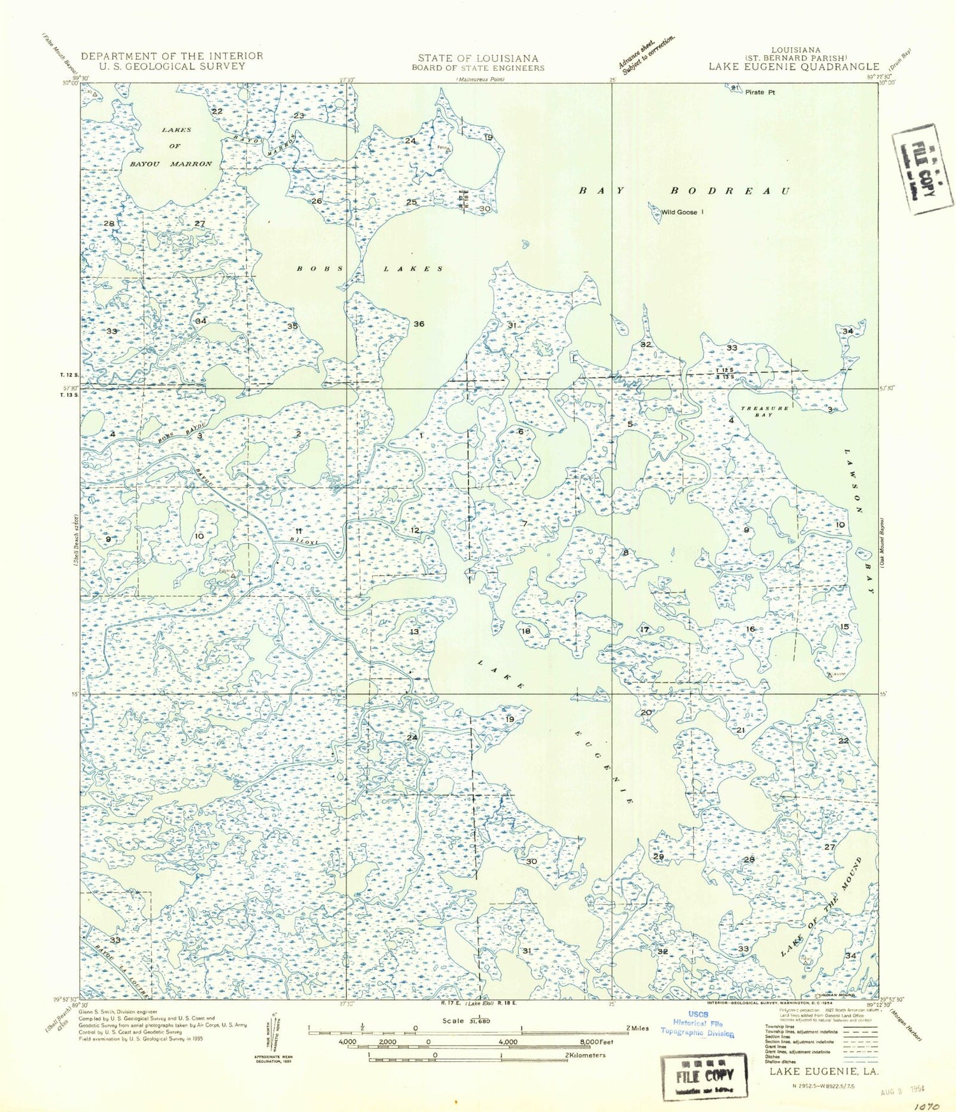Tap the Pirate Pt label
click(760, 92)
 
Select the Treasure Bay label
click(764, 411)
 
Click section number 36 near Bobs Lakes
click(419, 324)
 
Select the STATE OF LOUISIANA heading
click(478, 58)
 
